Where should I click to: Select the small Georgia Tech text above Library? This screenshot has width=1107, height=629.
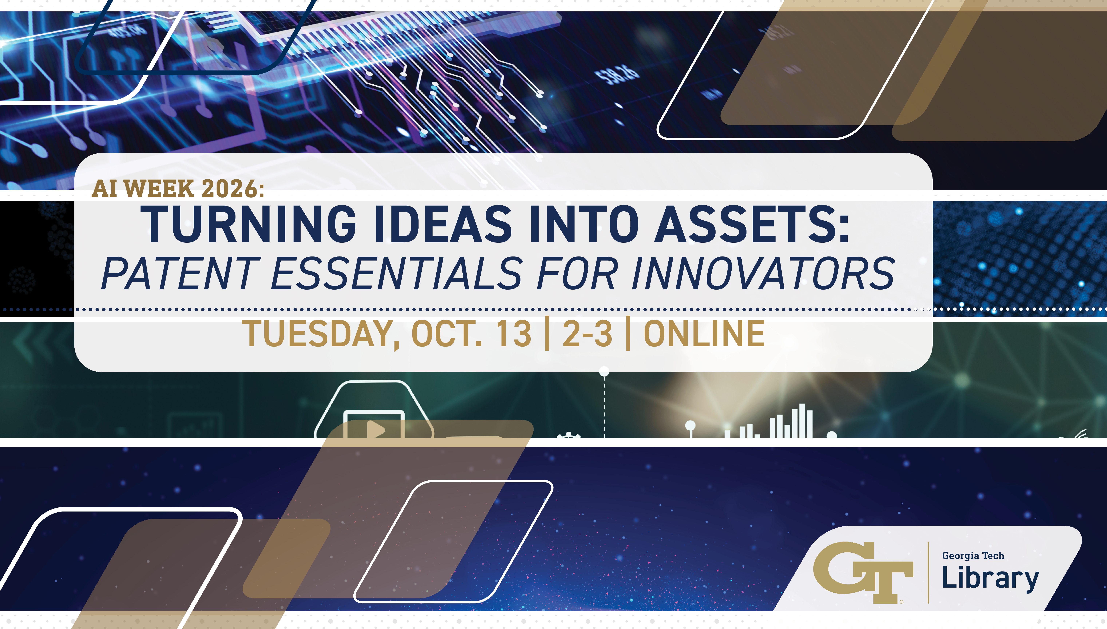pos(973,556)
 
